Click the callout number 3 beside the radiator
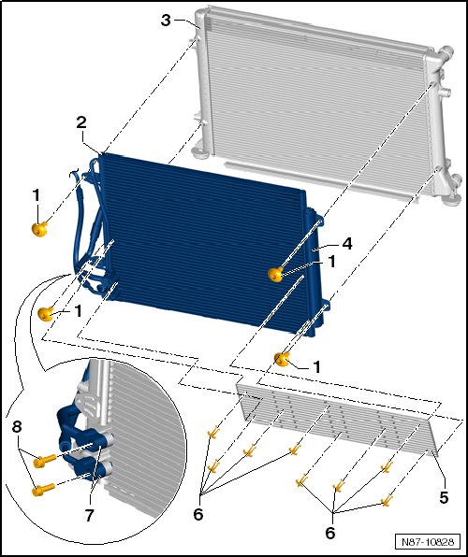[x=166, y=21]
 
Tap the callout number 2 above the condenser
[x=81, y=122]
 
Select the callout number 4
[x=347, y=244]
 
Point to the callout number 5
[x=444, y=497]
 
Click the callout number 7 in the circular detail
[x=89, y=515]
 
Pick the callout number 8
[x=17, y=427]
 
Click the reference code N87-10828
[x=428, y=542]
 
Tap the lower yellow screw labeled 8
[x=43, y=490]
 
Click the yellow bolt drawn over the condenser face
[x=275, y=274]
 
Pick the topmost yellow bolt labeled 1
[x=39, y=229]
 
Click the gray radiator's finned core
[x=316, y=103]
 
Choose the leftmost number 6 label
[x=197, y=514]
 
